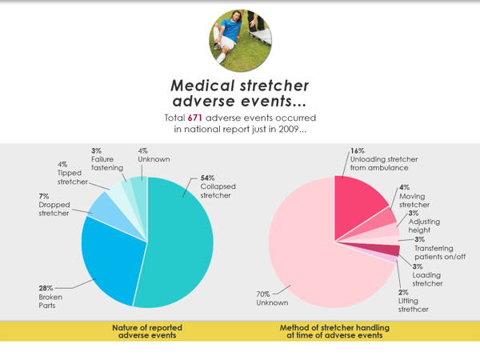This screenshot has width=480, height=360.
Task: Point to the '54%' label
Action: (x=207, y=178)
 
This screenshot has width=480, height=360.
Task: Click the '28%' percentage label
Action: (x=46, y=288)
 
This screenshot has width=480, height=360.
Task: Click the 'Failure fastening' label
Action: (x=106, y=163)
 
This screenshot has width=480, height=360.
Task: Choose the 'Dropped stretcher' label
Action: (x=54, y=209)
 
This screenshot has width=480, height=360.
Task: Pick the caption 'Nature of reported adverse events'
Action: (x=144, y=331)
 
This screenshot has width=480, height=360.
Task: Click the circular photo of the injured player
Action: (x=239, y=38)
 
